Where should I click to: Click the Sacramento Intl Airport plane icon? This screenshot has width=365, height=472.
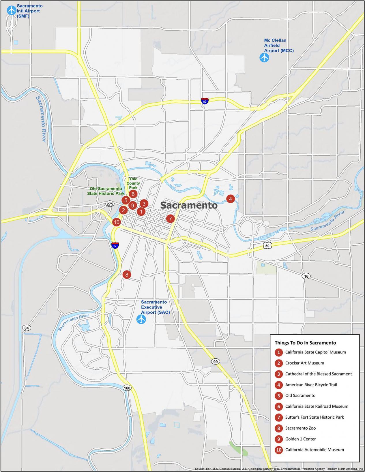[x=12, y=10]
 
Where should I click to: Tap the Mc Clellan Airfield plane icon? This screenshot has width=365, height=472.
[x=264, y=57]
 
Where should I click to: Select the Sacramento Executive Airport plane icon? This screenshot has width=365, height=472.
[x=141, y=319]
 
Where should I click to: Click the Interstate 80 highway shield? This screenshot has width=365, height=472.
[x=205, y=101]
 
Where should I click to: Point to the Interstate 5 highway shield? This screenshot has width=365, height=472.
[x=115, y=245]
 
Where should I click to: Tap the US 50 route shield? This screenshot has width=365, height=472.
[x=267, y=246]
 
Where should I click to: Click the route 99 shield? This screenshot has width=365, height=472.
[x=215, y=361]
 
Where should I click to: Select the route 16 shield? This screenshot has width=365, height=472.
[x=306, y=276]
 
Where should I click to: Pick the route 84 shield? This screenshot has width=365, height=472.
[x=27, y=328]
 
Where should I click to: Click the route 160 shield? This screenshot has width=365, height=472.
[x=127, y=388]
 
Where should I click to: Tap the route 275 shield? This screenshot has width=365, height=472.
[x=110, y=204]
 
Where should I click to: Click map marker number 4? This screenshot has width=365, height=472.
[x=230, y=199]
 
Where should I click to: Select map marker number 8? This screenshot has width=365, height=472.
[x=127, y=274]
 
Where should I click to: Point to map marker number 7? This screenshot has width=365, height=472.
[x=170, y=219]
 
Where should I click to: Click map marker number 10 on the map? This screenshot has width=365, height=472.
[x=116, y=222]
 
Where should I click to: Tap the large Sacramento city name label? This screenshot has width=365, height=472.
[x=189, y=205]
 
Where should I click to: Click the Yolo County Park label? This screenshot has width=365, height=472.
[x=133, y=183]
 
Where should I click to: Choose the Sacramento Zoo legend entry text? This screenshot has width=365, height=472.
[x=300, y=428]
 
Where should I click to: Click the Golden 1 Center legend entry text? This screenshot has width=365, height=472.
[x=300, y=439]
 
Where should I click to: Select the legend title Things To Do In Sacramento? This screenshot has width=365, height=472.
[x=305, y=343]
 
